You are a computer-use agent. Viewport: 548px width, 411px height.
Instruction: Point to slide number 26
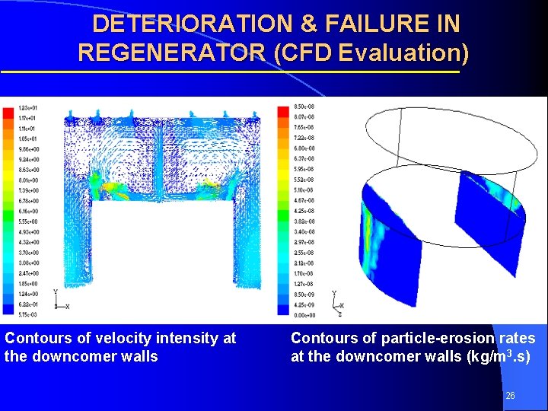[510, 396]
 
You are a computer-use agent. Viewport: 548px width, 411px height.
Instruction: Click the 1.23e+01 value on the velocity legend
[28, 108]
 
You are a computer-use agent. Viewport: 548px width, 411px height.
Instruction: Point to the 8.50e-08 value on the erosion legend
[304, 107]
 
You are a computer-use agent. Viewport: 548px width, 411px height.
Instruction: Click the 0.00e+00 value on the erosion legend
[304, 315]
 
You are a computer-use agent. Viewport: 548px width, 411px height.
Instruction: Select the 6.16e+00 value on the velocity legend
[28, 210]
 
